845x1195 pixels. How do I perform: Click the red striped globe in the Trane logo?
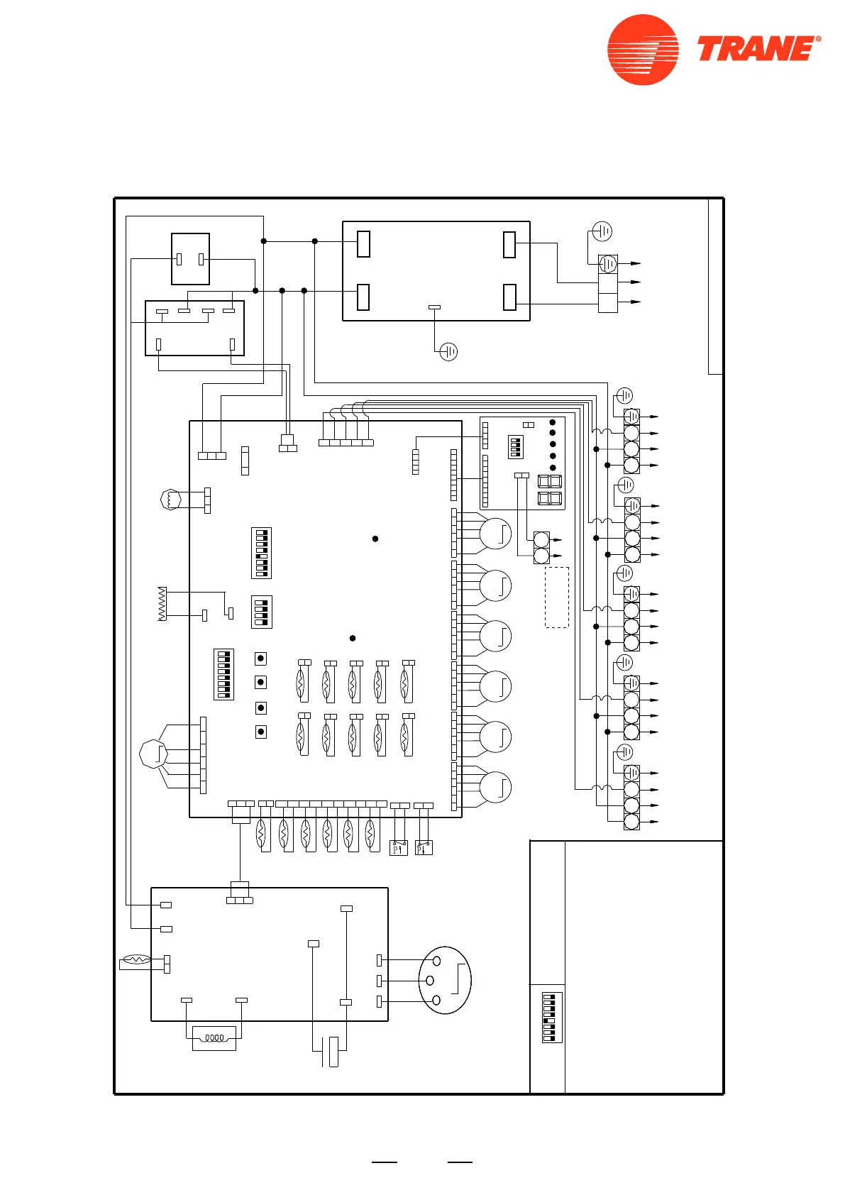tap(643, 50)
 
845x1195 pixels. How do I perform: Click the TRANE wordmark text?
tap(758, 49)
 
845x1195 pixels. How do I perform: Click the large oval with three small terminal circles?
tap(445, 980)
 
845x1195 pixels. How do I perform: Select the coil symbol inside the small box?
tap(214, 1038)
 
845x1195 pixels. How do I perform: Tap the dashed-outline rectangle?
tap(557, 597)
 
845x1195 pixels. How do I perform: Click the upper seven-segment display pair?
tap(550, 481)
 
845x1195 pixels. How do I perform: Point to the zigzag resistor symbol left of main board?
tap(162, 604)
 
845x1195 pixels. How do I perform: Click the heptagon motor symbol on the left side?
tap(154, 753)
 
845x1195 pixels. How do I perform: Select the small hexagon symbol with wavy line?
tap(171, 500)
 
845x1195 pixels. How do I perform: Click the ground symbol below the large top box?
tap(448, 351)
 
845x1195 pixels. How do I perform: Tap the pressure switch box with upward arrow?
tap(399, 848)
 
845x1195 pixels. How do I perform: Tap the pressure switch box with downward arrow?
tap(424, 848)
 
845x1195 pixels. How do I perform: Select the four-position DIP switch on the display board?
tap(516, 447)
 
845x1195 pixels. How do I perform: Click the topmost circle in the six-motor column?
tap(495, 534)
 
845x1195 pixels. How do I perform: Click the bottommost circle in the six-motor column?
tap(495, 787)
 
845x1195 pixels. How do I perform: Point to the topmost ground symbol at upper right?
tap(602, 231)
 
